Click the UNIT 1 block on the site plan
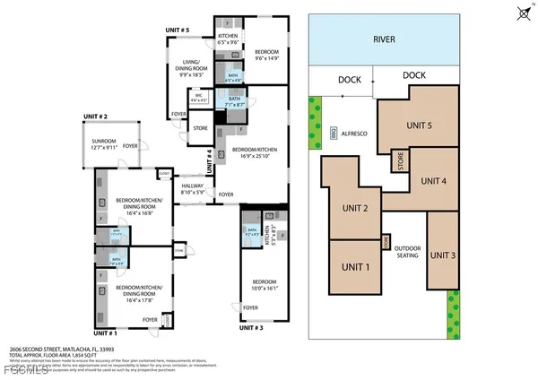click(x=354, y=267)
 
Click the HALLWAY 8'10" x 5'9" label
click(x=194, y=189)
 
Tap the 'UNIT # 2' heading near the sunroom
click(x=95, y=117)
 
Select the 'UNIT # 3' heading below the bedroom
click(x=255, y=329)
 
